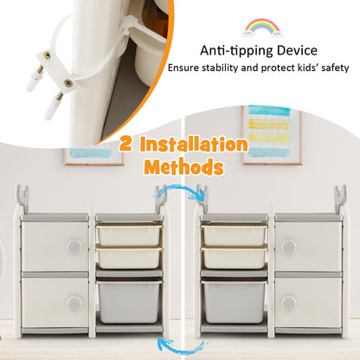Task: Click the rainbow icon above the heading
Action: pos(262,28)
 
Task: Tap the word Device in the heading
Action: pos(297,51)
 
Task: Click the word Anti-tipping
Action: pos(236,51)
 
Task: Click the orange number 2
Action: pos(126,144)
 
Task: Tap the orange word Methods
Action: pos(184,167)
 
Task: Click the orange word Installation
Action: pos(194,144)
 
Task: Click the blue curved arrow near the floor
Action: pos(183,348)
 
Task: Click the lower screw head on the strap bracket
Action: pos(68,83)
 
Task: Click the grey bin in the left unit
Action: pos(129,302)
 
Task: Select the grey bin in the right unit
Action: pos(235,302)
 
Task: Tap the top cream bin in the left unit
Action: pos(129,235)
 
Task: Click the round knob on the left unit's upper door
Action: pos(74,247)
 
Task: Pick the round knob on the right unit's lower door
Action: pos(288,304)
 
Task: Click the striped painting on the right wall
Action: pos(272,135)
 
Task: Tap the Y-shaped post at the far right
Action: pos(340,200)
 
